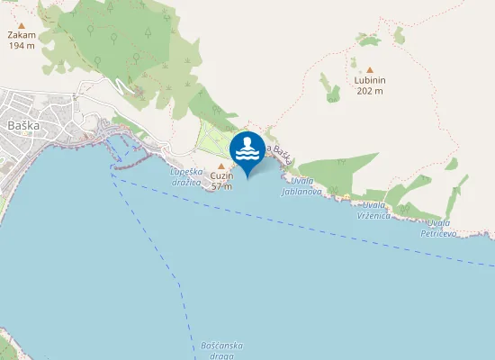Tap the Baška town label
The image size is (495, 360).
click(x=22, y=125)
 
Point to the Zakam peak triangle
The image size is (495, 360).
click(x=22, y=26)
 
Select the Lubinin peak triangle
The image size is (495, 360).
click(x=369, y=70)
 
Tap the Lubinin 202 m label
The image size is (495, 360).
click(x=369, y=85)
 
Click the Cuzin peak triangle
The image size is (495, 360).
click(x=221, y=166)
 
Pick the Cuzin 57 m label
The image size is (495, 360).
click(x=221, y=181)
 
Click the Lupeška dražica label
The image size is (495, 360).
click(x=187, y=175)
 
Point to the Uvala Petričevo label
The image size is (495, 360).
click(x=440, y=228)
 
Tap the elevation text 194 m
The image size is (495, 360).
click(x=22, y=45)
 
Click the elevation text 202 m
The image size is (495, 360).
click(x=369, y=91)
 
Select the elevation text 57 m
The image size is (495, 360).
click(x=221, y=186)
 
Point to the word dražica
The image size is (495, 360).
click(x=187, y=181)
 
